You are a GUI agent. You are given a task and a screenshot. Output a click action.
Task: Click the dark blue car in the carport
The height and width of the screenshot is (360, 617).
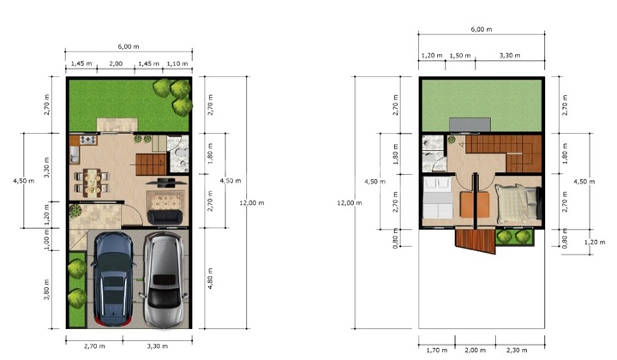[x=113, y=279]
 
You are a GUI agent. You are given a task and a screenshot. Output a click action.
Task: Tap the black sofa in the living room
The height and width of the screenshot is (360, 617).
[x=165, y=217]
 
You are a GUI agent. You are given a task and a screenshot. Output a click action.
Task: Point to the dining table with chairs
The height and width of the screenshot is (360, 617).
[x=92, y=183]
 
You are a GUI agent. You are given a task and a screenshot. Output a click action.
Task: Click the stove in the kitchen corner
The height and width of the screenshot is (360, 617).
[x=88, y=140]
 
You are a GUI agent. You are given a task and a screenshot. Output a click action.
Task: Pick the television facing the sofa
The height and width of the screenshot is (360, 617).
[x=166, y=183]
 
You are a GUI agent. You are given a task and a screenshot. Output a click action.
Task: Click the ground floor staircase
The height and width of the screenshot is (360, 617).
[x=152, y=165]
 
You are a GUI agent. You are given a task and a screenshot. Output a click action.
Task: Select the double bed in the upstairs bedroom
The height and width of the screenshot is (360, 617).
[x=518, y=205]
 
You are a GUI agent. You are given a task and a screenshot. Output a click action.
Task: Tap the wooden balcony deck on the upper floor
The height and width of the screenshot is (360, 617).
[x=476, y=241]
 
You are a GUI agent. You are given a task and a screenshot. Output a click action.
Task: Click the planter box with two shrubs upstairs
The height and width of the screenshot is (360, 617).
[x=514, y=237]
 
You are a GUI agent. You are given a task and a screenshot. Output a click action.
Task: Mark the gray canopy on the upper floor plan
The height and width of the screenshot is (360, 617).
[x=470, y=124]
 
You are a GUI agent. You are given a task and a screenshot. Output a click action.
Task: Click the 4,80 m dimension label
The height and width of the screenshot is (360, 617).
[x=211, y=279]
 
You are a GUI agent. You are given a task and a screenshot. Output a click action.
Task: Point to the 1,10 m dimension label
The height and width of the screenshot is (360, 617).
[x=177, y=63]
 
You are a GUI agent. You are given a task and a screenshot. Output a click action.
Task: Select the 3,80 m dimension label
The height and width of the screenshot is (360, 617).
[x=47, y=290]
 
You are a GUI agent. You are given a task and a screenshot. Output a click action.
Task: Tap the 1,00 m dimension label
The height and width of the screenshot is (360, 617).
[x=47, y=239]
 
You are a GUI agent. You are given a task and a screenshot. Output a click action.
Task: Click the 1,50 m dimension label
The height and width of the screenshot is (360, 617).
[x=460, y=56]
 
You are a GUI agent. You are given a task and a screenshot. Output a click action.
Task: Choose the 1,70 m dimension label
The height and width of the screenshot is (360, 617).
[x=437, y=351]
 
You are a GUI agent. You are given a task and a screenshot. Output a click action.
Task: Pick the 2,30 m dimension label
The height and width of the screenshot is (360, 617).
[x=517, y=351]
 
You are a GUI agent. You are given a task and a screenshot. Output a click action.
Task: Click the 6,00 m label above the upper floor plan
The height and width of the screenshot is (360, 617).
[x=482, y=29]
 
